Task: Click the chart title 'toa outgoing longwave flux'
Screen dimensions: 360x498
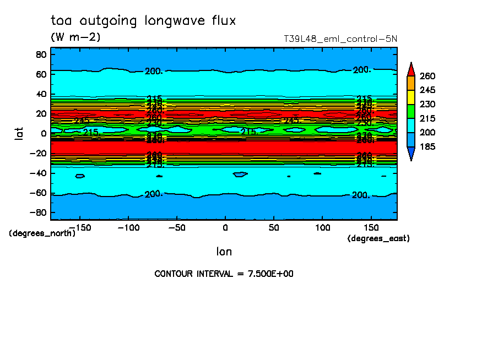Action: pyautogui.click(x=143, y=21)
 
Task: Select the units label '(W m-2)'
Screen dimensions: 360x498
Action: pyautogui.click(x=75, y=37)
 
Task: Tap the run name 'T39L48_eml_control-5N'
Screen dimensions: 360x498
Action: pyautogui.click(x=340, y=39)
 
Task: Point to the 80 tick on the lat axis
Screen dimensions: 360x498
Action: pyautogui.click(x=41, y=54)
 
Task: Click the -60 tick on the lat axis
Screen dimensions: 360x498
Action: pyautogui.click(x=39, y=193)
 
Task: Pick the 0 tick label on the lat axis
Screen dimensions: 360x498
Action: pyautogui.click(x=44, y=133)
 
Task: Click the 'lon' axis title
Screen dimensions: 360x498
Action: pyautogui.click(x=224, y=252)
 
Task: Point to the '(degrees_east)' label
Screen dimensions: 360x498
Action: pyautogui.click(x=378, y=238)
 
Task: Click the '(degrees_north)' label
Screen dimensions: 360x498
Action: pyautogui.click(x=42, y=233)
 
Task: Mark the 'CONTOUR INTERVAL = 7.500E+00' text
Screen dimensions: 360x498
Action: pyautogui.click(x=224, y=274)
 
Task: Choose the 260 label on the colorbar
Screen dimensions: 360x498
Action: pyautogui.click(x=427, y=76)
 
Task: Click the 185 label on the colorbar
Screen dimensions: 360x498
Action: pyautogui.click(x=427, y=146)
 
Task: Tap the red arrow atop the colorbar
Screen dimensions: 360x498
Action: pyautogui.click(x=410, y=69)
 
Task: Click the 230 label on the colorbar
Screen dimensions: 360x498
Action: pyautogui.click(x=427, y=105)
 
